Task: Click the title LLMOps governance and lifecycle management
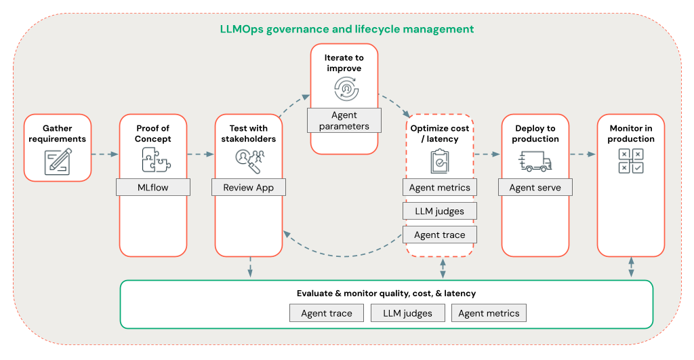point(346,29)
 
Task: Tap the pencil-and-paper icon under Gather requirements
point(58,161)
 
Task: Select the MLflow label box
point(153,187)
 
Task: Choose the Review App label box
point(249,187)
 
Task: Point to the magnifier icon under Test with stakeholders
point(249,159)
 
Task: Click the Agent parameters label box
point(344,121)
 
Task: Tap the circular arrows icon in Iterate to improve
point(344,89)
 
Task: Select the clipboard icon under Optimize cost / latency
point(440,161)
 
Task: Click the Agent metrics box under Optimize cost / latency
point(440,187)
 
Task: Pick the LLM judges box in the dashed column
point(440,211)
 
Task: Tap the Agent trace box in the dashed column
point(440,235)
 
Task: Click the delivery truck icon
point(535,161)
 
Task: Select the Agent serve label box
point(535,187)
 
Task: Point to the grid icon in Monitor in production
point(631,161)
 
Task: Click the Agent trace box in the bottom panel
point(327,313)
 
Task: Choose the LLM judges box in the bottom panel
point(407,313)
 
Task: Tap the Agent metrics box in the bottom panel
point(489,313)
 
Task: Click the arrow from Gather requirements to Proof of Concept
point(105,155)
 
